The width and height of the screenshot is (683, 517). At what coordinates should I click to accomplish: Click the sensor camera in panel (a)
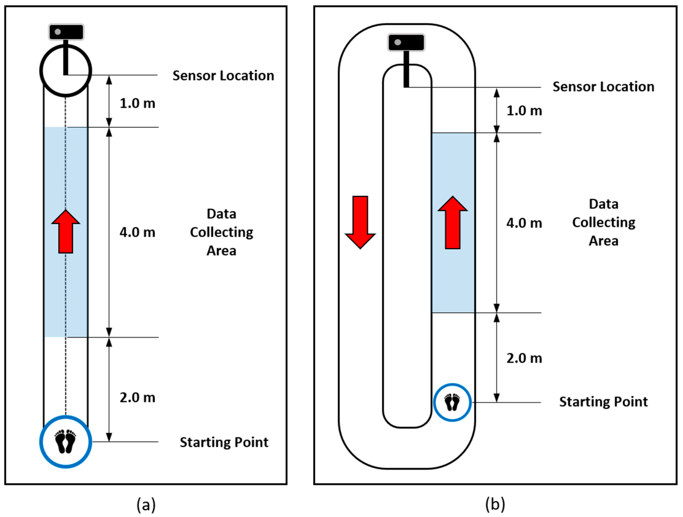[x=66, y=32]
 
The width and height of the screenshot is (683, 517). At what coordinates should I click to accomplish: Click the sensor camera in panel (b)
[x=406, y=42]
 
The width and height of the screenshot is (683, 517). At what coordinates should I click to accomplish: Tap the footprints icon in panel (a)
[x=65, y=441]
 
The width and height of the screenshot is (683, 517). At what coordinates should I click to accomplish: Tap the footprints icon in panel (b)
[x=452, y=402]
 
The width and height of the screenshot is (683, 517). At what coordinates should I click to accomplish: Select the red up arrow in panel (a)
[x=66, y=232]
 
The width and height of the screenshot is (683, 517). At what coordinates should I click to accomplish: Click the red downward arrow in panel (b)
[x=360, y=222]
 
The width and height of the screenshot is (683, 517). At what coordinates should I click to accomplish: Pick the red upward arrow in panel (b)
[x=453, y=222]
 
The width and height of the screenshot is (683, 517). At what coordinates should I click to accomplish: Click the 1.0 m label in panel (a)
[x=137, y=103]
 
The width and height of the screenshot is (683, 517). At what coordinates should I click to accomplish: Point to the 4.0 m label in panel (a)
[x=137, y=232]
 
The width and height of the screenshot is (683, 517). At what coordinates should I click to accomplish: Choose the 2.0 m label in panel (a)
[x=137, y=398]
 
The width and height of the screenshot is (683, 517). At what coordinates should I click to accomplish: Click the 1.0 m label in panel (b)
[x=524, y=110]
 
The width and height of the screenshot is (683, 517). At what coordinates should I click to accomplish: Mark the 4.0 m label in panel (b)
[x=524, y=223]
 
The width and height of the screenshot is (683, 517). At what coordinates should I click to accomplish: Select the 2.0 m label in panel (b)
[x=524, y=358]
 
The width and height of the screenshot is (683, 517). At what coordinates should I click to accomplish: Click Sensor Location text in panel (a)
[x=223, y=76]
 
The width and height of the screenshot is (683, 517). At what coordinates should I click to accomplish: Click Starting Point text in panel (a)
[x=224, y=442]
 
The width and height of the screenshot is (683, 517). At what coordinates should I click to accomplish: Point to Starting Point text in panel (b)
[x=603, y=402]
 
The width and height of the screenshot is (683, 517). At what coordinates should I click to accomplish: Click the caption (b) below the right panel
[x=495, y=504]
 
